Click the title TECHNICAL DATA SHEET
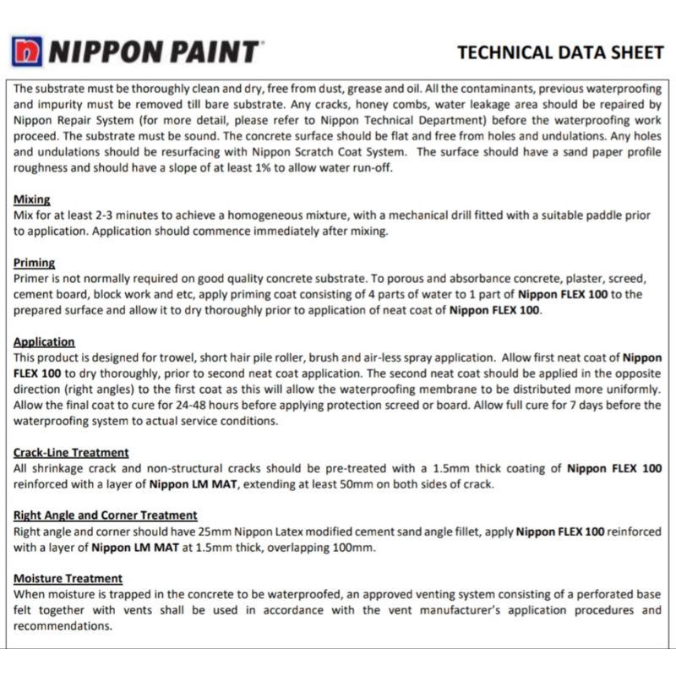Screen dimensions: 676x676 (x=560, y=52)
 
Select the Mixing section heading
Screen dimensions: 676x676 (x=32, y=200)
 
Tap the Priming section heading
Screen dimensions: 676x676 (x=35, y=264)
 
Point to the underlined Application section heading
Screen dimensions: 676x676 (x=44, y=342)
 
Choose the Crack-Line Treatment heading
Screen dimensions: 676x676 (x=71, y=453)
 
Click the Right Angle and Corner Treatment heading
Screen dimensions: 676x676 (x=106, y=515)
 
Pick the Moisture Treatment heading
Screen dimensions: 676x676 (x=68, y=578)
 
